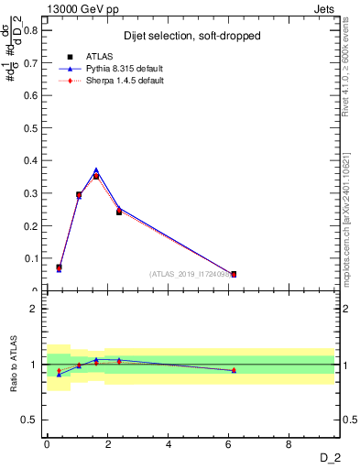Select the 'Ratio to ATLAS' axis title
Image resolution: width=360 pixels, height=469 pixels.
click(13, 364)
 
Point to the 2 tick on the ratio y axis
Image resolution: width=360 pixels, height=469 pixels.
click(33, 309)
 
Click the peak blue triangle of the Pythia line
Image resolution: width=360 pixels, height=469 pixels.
click(96, 170)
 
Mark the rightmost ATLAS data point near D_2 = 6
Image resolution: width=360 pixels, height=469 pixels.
click(234, 274)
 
